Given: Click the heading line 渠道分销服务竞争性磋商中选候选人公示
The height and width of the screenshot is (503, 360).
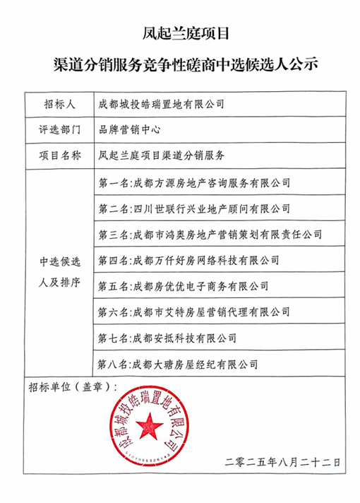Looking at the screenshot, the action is [x=181, y=66].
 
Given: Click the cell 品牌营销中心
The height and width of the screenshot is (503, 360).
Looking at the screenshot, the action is [x=127, y=130].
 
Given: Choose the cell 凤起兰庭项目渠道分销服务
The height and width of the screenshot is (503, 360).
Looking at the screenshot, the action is [x=162, y=155].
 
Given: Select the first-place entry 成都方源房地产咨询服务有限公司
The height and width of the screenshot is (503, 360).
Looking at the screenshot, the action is [x=195, y=182].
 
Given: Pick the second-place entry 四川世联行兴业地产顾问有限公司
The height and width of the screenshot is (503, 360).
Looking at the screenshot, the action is [x=195, y=208].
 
